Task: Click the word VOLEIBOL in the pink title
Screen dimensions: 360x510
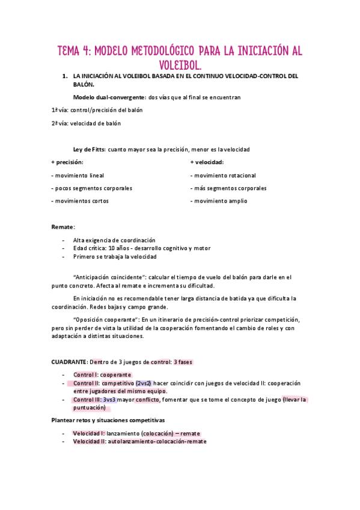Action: (180, 64)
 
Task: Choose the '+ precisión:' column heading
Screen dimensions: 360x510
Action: (67, 162)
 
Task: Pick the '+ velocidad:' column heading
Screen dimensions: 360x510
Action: (207, 162)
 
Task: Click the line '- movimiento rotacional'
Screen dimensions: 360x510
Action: (223, 176)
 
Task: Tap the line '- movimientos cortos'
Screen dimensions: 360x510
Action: (80, 201)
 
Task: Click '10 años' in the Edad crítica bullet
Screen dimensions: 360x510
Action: (118, 248)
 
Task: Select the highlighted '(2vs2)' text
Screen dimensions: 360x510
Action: (144, 382)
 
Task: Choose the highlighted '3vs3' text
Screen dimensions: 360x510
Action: (109, 399)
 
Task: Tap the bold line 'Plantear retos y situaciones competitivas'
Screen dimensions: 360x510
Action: (109, 420)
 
